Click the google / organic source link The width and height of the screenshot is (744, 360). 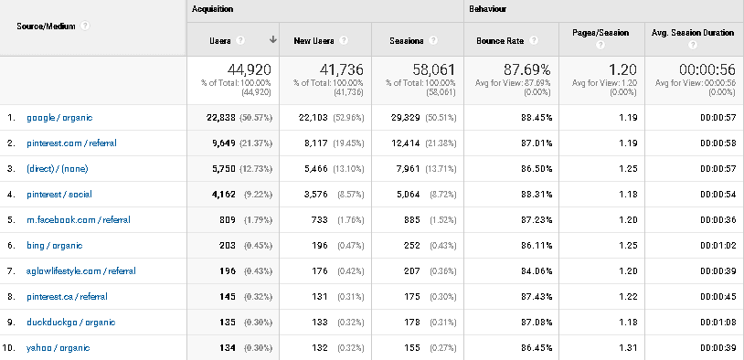tap(59, 118)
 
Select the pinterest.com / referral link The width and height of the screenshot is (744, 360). tap(71, 143)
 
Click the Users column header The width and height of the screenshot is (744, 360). tap(220, 41)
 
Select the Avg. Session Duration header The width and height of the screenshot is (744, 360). tap(692, 33)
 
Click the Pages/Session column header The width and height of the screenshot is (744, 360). tap(601, 33)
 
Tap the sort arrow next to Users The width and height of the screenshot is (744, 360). tap(272, 40)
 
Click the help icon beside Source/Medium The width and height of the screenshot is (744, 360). tap(85, 26)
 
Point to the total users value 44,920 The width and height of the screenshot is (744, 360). tap(249, 69)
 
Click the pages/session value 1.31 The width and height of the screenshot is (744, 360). tap(626, 347)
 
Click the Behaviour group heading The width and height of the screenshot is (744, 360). tap(489, 9)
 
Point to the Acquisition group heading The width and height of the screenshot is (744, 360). tap(213, 9)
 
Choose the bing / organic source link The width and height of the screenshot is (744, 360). tap(55, 246)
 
